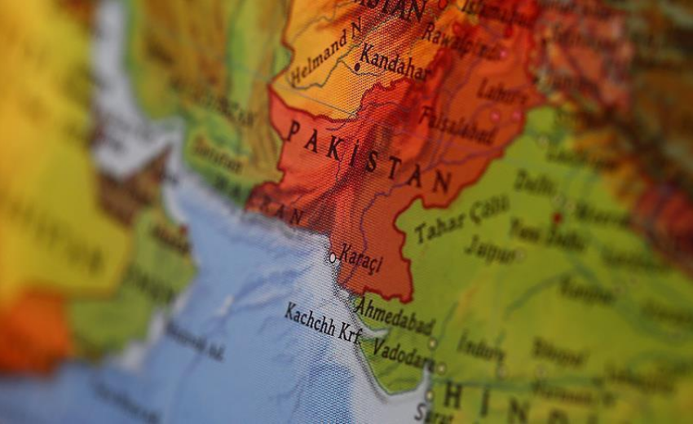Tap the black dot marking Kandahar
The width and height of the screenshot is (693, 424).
(x=357, y=66)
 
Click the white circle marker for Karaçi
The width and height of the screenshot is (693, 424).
(x=333, y=258)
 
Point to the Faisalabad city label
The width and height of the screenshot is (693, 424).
(x=457, y=125)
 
